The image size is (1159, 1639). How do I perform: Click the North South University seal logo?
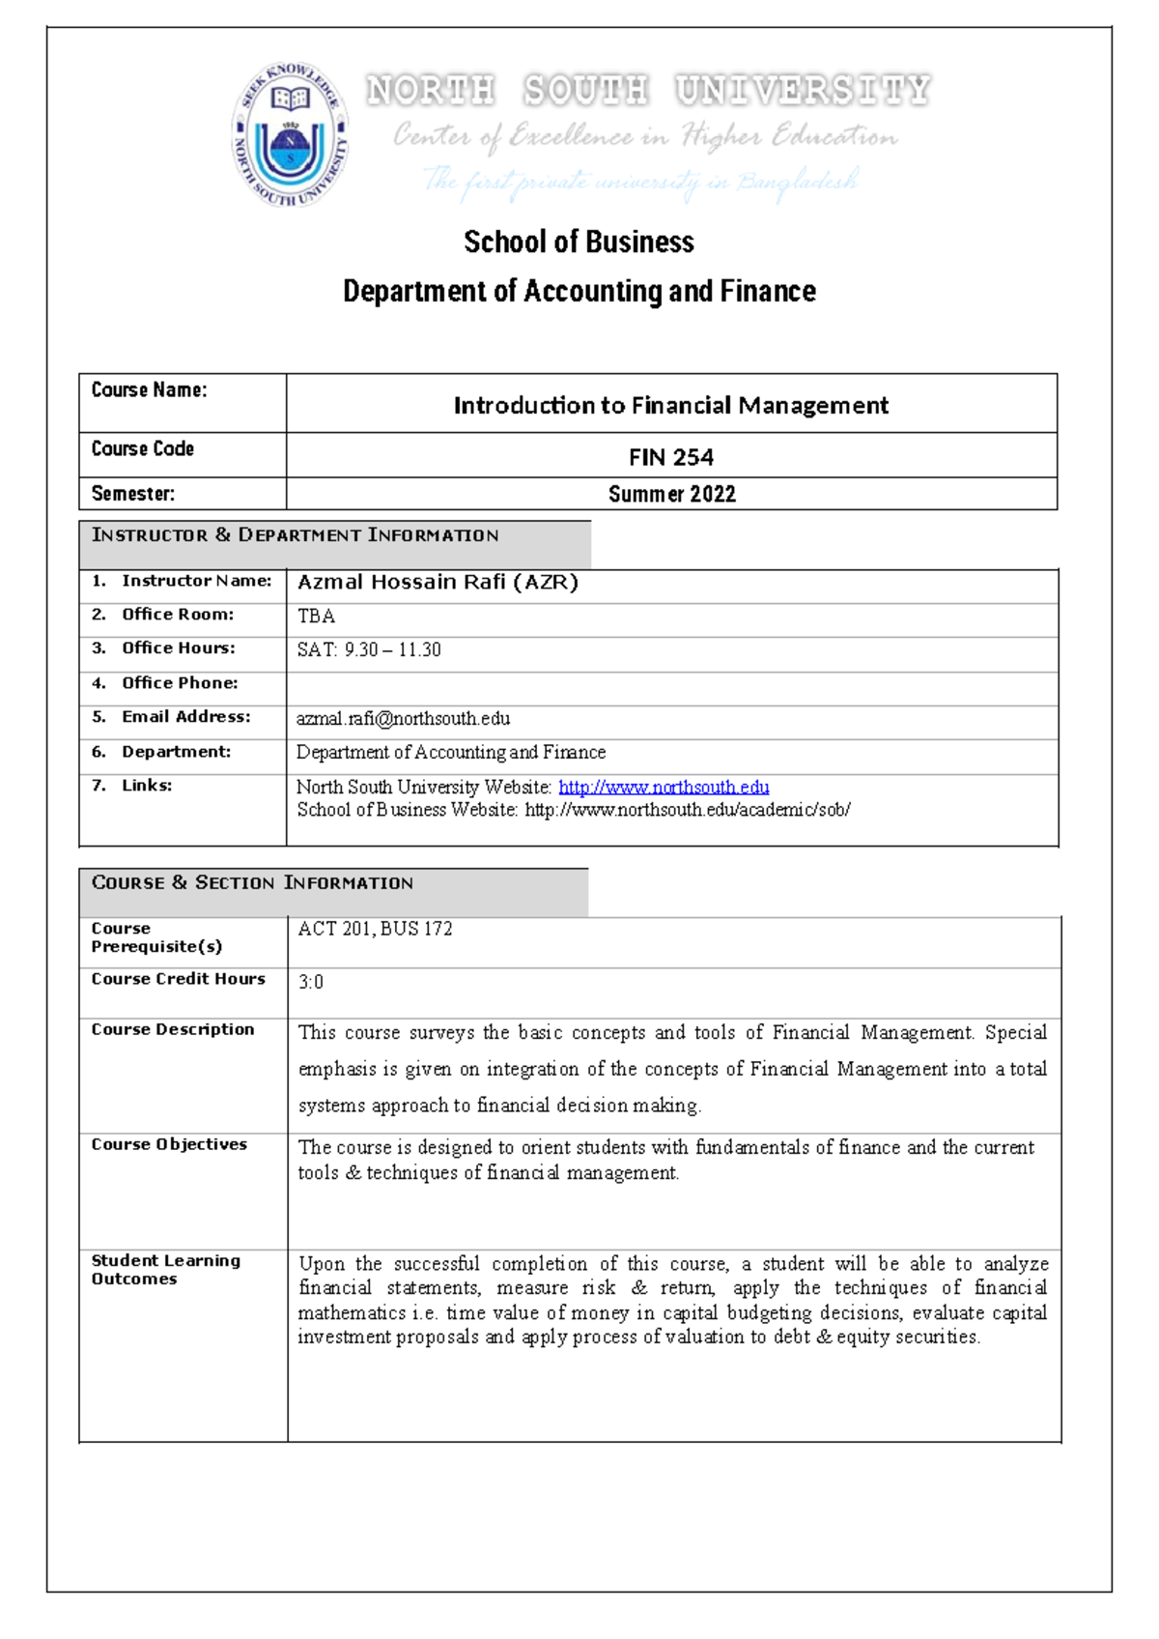click(290, 135)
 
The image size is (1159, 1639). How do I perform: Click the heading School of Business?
click(579, 242)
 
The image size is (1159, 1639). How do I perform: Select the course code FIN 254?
click(671, 457)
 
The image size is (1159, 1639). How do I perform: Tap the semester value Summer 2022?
click(671, 494)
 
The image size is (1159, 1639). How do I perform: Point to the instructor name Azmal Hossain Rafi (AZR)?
click(438, 582)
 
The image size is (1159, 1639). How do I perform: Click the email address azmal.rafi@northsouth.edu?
click(403, 719)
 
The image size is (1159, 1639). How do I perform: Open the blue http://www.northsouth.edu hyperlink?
click(664, 788)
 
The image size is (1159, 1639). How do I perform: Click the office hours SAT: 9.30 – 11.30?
click(369, 650)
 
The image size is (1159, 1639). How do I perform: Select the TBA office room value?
click(316, 617)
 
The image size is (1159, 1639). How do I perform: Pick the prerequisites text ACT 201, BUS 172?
click(375, 929)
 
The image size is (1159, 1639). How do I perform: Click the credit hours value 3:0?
click(310, 982)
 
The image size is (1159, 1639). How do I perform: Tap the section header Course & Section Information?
click(252, 883)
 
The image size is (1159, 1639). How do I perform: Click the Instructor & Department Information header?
click(295, 535)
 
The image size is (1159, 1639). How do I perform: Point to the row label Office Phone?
click(179, 683)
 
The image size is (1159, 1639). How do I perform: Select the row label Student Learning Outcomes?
click(164, 1270)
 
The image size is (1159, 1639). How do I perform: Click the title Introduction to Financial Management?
click(671, 405)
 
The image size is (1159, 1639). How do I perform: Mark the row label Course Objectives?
click(169, 1144)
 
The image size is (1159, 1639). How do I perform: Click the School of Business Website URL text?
click(687, 810)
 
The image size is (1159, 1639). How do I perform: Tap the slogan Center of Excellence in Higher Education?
click(645, 136)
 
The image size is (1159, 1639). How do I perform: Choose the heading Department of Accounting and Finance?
click(579, 291)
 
